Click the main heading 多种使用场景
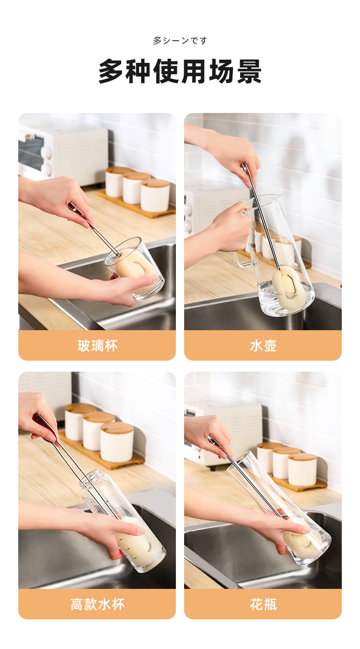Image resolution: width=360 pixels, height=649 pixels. pyautogui.click(x=180, y=71)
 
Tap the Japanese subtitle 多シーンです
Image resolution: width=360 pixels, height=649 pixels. pyautogui.click(x=180, y=41)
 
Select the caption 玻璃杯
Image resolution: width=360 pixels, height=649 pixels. pyautogui.click(x=98, y=346)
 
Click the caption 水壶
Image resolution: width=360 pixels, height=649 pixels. pyautogui.click(x=263, y=346)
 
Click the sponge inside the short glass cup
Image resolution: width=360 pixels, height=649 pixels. pyautogui.click(x=136, y=266)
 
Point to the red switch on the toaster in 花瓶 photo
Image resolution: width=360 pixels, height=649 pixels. pyautogui.click(x=200, y=457)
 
